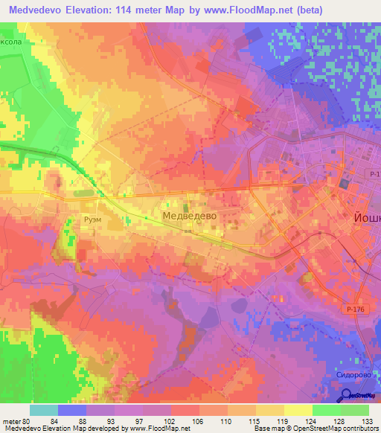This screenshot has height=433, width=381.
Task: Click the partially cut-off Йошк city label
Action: [x=364, y=219]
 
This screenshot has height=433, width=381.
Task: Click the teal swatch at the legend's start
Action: [x=44, y=410]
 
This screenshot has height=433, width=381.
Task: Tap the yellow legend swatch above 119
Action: [x=270, y=410]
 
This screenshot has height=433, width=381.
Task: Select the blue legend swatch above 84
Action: [x=72, y=410]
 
